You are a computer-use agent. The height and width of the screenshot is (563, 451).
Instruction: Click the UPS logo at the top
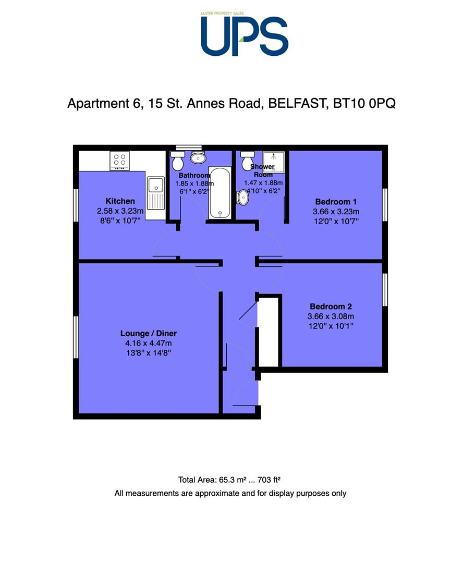pos(245,34)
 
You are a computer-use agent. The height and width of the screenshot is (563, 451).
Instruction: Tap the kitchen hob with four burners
pos(119,160)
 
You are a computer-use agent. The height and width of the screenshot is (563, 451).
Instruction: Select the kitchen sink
pos(156,193)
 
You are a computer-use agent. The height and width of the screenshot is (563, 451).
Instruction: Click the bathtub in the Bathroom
pos(220,193)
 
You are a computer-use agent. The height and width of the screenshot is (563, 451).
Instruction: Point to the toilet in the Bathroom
pos(178,161)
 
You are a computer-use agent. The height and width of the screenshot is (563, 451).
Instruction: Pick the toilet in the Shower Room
pos(247,161)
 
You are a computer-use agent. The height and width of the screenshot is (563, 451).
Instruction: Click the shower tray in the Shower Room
pos(274,162)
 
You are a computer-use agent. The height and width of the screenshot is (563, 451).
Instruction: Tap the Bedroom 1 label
pos(336,202)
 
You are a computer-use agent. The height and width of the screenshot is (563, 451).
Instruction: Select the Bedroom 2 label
pos(331,307)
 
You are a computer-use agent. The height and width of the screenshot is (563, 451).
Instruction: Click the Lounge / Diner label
pos(148,334)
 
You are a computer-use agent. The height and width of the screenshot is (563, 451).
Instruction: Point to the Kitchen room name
pos(120,201)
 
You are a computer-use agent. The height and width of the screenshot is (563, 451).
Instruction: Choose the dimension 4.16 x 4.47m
pos(148,343)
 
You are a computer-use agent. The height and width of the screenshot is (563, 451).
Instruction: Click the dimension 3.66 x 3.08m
pos(331,316)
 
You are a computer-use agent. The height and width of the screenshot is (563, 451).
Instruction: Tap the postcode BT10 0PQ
pos(364,103)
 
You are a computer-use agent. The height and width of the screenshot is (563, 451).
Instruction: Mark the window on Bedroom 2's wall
pos(385,290)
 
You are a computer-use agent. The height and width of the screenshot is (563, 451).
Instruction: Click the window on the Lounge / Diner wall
pos(76,337)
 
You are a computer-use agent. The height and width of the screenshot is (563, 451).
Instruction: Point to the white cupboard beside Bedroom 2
pos(268,332)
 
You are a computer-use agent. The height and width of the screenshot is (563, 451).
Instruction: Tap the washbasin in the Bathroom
pos(198,157)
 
